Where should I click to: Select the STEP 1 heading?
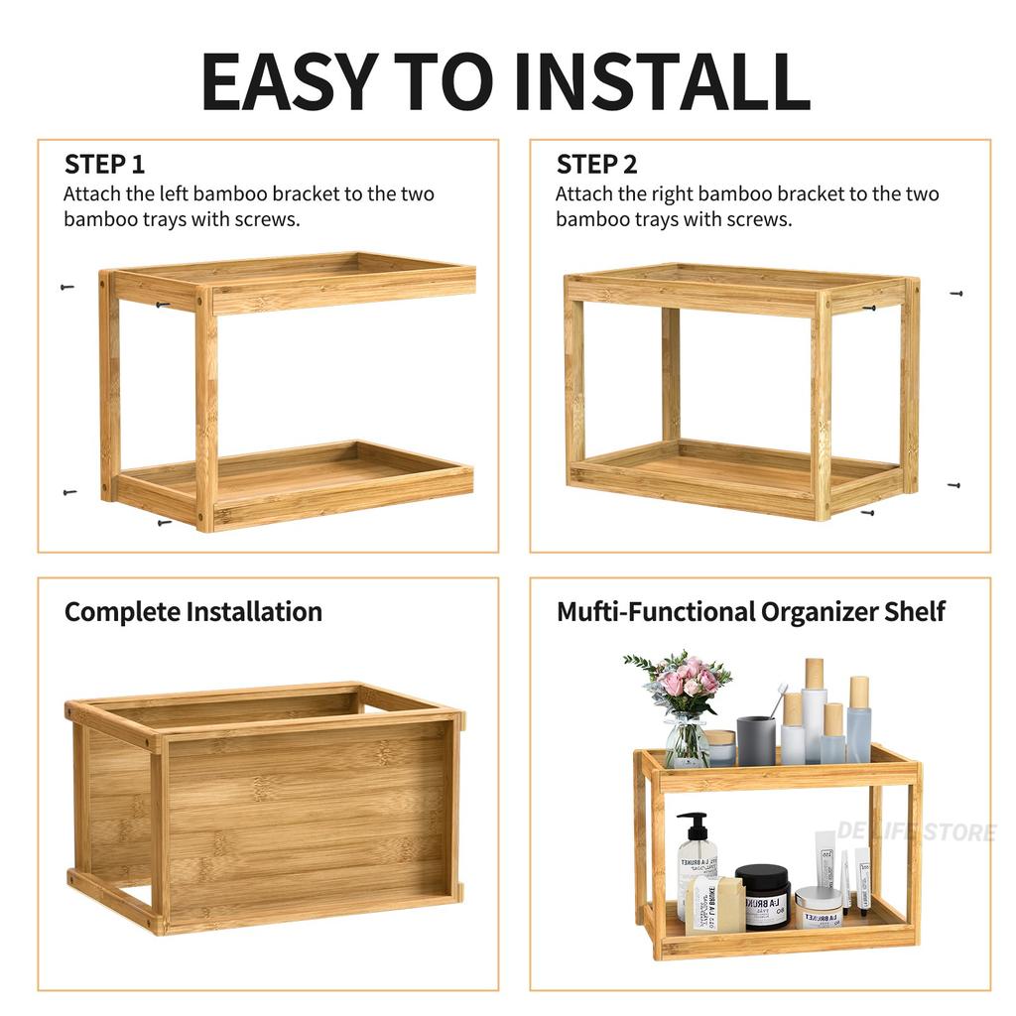(x=104, y=165)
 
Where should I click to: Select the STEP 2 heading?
(x=596, y=165)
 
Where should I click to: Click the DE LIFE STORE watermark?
(x=915, y=831)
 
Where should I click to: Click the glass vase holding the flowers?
(x=686, y=741)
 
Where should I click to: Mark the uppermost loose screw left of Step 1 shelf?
(x=67, y=288)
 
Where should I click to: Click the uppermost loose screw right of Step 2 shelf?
(x=956, y=294)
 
